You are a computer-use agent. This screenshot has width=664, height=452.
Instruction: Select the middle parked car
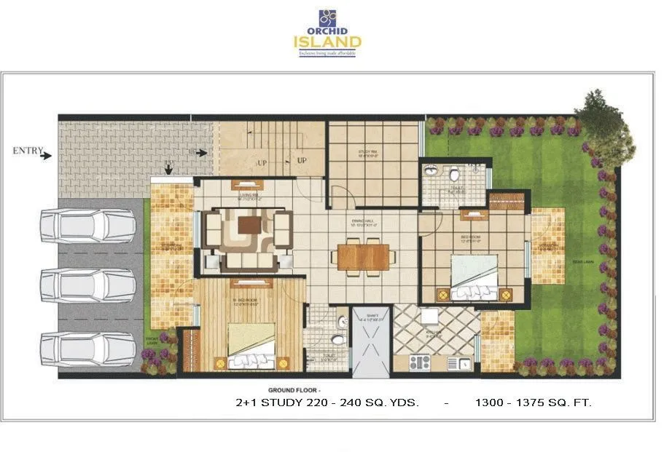pos(87,284)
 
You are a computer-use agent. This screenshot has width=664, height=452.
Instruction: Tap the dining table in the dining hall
pos(364,256)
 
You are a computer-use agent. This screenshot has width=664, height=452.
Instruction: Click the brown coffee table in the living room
pos(249,226)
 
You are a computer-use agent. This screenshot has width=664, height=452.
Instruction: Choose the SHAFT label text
pos(372,317)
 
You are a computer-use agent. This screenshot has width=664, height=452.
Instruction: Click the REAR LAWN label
pos(581,261)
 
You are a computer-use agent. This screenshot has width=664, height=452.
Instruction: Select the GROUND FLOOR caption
pos(291,390)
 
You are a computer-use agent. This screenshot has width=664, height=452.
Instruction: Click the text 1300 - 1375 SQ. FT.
pos(533,402)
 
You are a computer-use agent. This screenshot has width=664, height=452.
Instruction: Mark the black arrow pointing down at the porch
pos(169,169)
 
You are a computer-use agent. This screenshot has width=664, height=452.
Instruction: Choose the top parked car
pos(87,225)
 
